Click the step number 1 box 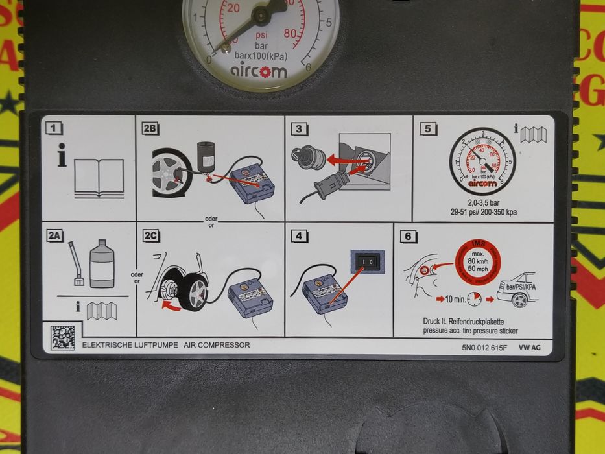54,128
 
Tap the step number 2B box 150,128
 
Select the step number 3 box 299,128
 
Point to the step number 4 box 299,236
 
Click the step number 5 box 425,128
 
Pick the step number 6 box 407,236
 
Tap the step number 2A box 54,236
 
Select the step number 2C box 150,236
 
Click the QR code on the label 63,337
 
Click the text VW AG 530,347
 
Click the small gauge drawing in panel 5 482,161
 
